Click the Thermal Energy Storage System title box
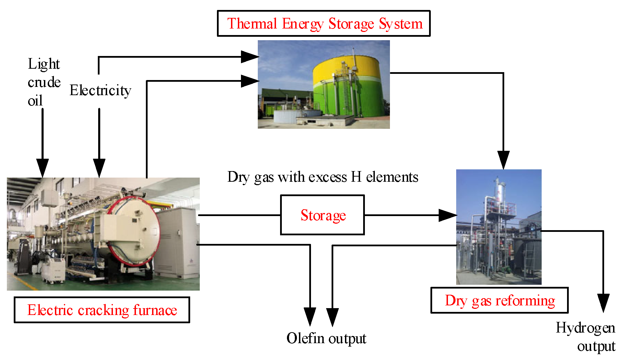coord(323,23)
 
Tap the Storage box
coord(322,215)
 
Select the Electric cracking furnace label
coord(102,310)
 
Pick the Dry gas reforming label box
coord(499,301)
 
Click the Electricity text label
coord(100,90)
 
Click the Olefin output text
coord(326,338)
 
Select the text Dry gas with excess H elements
coord(323,177)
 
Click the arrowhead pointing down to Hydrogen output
coord(603,302)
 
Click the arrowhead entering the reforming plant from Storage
coord(448,215)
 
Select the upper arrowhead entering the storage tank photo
coord(250,57)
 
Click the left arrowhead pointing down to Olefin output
coord(310,316)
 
